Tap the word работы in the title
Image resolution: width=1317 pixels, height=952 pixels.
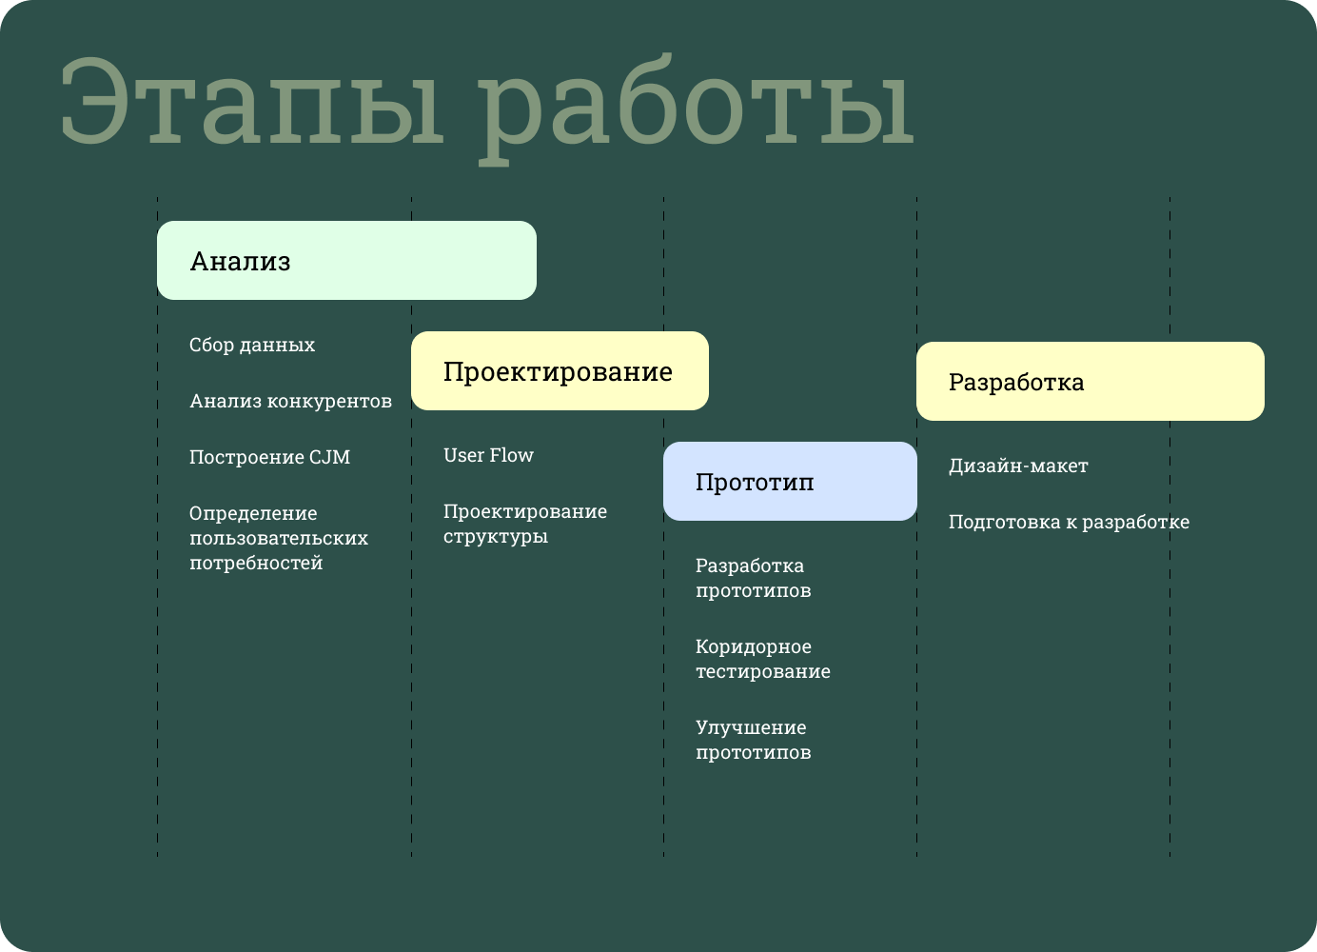[x=695, y=107]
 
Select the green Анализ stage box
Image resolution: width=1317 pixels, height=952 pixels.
[x=346, y=261]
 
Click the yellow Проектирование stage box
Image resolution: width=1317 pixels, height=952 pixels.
[x=560, y=371]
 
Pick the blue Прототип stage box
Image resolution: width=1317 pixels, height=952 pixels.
[x=790, y=482]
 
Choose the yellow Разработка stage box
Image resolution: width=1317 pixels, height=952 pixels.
[x=1090, y=382]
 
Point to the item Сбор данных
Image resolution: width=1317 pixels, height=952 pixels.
[x=252, y=345]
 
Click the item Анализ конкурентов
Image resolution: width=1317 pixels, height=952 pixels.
[x=290, y=401]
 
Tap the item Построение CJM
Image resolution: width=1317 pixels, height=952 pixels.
[x=269, y=457]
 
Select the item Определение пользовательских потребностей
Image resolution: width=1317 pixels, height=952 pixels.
[x=278, y=538]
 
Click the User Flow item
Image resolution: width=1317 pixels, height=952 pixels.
[x=488, y=455]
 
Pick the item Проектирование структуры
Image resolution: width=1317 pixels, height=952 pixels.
[x=524, y=524]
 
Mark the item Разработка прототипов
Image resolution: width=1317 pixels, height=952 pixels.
[x=753, y=578]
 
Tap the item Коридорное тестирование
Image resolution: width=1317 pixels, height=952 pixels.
[x=762, y=659]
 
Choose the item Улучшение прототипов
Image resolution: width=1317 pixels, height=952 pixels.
[x=753, y=740]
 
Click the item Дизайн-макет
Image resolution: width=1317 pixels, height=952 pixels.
[x=1018, y=466]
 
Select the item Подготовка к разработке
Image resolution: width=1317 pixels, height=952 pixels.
[x=1069, y=522]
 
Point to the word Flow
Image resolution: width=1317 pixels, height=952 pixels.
[x=512, y=455]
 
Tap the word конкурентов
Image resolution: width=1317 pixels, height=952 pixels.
[x=329, y=401]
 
